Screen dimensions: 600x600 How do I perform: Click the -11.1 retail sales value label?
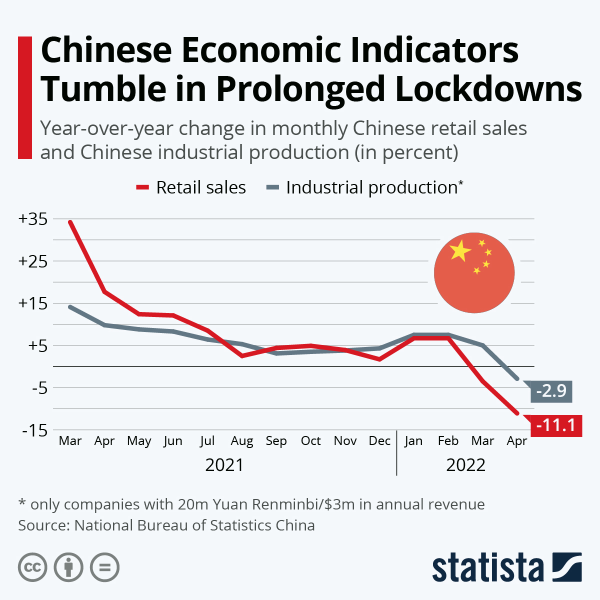coord(555,425)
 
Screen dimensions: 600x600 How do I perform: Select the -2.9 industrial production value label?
coord(551,390)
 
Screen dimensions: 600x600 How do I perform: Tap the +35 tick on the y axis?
coord(32,219)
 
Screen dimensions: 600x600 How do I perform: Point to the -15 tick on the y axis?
coord(34,430)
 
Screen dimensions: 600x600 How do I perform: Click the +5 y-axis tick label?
coord(35,345)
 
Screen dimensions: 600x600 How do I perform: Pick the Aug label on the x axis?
coord(241,441)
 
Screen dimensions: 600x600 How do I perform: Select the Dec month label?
coord(379,441)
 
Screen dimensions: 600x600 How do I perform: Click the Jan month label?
coord(413,441)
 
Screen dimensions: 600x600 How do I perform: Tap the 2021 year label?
coord(224,465)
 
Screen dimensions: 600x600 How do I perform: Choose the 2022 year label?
coord(465,465)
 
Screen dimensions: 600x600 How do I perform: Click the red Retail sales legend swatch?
coord(142,187)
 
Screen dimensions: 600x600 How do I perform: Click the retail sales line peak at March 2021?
coord(70,221)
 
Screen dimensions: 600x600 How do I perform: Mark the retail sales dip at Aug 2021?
coord(242,355)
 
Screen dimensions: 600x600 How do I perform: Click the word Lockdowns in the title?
coord(488,89)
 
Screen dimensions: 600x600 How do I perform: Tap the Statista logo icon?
coord(566,567)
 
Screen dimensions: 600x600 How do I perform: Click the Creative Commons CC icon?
coord(32,567)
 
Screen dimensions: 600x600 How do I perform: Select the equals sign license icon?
coord(104,567)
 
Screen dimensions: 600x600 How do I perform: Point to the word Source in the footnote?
coord(43,525)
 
